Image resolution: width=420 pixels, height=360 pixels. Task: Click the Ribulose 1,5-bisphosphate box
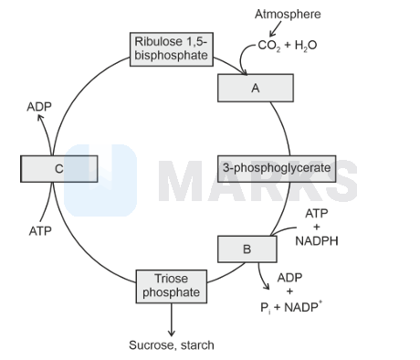coord(172,49)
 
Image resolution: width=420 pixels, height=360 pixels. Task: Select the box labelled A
coord(256,88)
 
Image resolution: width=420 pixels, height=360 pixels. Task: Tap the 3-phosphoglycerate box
coord(277,169)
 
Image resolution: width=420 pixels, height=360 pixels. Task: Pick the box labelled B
coord(247,249)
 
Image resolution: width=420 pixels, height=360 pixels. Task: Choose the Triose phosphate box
coord(172,286)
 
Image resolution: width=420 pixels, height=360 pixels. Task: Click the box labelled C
coord(59,169)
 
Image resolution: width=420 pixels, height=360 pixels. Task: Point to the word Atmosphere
coord(288,14)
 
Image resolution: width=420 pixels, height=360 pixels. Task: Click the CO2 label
coord(269,46)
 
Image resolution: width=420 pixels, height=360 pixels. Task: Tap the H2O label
coord(306,46)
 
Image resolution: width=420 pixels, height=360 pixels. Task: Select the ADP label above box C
coord(39,107)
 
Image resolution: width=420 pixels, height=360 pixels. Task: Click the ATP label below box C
coord(40,231)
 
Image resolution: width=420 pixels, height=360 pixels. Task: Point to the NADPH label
coord(317,241)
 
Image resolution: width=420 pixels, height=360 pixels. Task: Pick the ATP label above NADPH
coord(317,214)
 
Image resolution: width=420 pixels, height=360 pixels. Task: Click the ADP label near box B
coord(289,278)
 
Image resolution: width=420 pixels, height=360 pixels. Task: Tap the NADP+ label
coord(303,307)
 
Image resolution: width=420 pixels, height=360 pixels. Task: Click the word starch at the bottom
coord(197,345)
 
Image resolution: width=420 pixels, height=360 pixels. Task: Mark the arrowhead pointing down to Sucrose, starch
coord(172,333)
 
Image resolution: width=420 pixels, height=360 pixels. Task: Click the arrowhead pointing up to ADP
coord(40,117)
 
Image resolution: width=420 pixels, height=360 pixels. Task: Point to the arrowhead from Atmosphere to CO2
coord(272,34)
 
